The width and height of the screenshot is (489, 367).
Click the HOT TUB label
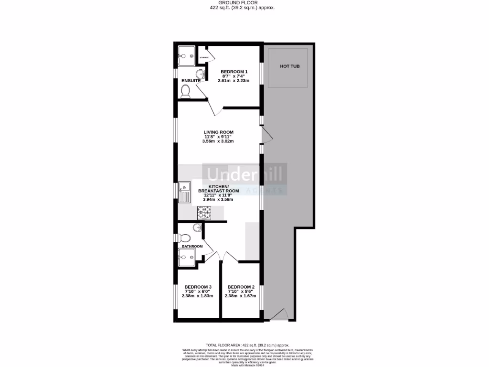pos(290,66)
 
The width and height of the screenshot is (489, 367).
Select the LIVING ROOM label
pos(218,132)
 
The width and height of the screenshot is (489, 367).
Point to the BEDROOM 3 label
pos(197,287)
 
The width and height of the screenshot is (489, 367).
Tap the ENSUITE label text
pos(191,81)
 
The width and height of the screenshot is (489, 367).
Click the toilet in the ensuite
pos(186,91)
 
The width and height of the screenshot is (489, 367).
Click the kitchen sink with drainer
pos(184,194)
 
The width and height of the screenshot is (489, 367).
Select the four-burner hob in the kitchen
pos(204,212)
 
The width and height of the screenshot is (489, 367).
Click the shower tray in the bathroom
pos(186,256)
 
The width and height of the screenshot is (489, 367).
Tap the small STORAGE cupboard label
pos(204,58)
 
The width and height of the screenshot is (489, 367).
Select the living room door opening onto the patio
pos(267,135)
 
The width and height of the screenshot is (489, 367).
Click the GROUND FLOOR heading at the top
pos(243,2)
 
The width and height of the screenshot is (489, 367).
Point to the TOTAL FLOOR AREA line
pos(247,345)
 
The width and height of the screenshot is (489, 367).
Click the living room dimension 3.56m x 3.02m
pos(218,141)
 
